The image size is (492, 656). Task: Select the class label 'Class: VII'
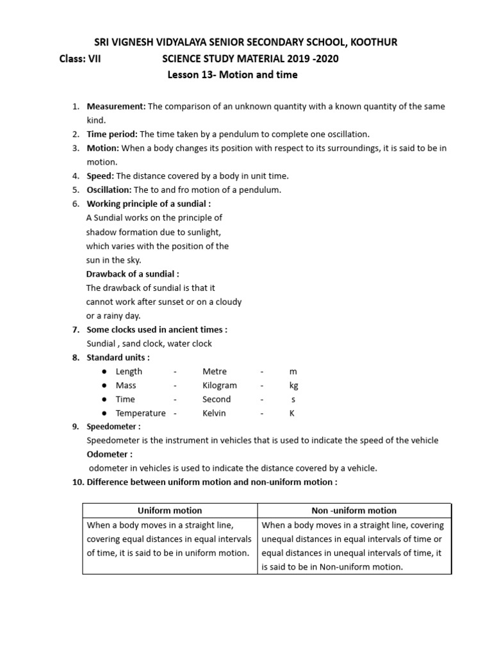(80, 59)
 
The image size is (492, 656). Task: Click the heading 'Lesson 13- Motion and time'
(233, 75)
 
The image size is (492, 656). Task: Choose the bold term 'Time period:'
(112, 134)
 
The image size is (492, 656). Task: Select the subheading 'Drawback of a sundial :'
(128, 274)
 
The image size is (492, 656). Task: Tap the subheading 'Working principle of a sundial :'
(149, 204)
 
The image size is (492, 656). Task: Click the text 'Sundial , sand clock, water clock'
(149, 343)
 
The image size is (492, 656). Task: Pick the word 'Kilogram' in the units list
(220, 386)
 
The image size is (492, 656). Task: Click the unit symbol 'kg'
(293, 386)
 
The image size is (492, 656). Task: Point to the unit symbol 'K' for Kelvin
(292, 413)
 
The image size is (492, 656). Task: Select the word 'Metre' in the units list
(215, 372)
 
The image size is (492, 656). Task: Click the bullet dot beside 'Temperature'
(104, 413)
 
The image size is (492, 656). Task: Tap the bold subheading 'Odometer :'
(110, 454)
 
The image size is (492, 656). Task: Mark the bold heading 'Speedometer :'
(113, 426)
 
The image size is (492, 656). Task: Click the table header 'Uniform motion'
(170, 511)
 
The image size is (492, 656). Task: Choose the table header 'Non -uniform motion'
(354, 511)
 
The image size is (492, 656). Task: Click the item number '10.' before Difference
(78, 482)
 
